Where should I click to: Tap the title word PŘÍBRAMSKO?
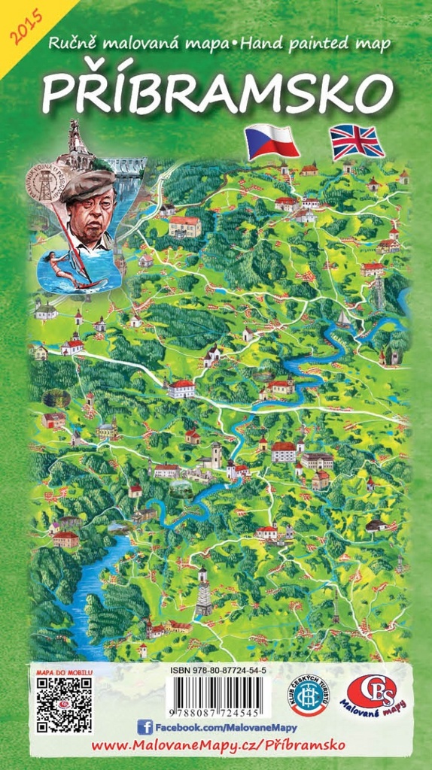pos(217,92)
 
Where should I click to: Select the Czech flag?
pos(272,141)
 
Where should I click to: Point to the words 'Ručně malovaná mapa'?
pos(136,44)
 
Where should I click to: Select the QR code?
pos(64,705)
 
